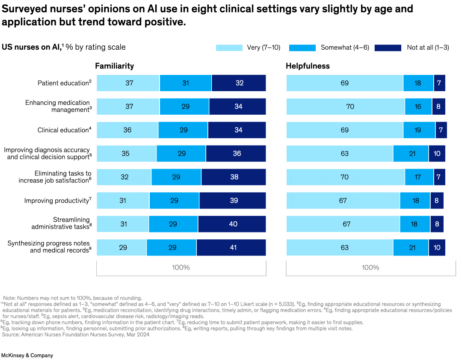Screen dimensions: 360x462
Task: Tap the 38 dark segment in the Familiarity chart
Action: [x=234, y=177]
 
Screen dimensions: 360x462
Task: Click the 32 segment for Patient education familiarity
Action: [x=239, y=83]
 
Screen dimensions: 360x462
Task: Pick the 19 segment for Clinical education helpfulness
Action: [x=418, y=130]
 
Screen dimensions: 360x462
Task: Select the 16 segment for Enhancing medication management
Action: [x=418, y=107]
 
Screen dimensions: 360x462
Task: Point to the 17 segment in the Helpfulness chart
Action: [x=418, y=177]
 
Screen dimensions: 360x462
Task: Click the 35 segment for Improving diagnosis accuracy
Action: [x=126, y=153]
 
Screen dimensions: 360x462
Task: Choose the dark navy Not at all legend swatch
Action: [x=388, y=48]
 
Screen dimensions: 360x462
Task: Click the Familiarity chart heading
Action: [x=114, y=66]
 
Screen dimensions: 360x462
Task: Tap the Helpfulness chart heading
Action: [x=308, y=66]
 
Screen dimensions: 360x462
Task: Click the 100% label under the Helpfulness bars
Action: [x=370, y=268]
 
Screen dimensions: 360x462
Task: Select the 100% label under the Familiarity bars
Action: [x=181, y=268]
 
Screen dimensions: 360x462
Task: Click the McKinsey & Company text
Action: [x=27, y=355]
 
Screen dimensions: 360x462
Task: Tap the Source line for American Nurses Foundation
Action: [x=76, y=335]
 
